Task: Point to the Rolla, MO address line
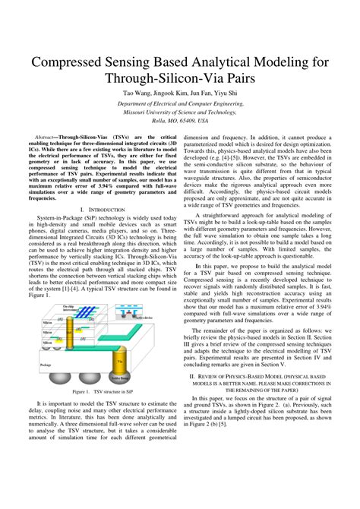(180, 119)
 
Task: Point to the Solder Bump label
(120, 378)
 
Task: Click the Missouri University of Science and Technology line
(180, 111)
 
